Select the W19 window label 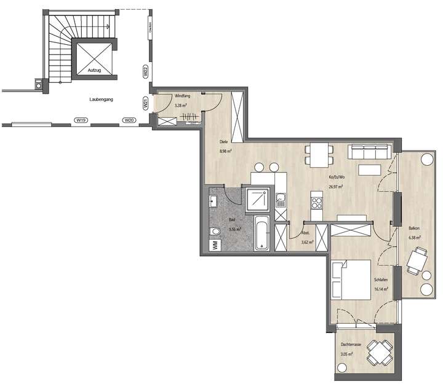[x=79, y=120]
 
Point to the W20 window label [x=128, y=120]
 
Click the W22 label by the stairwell [x=145, y=71]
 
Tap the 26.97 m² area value [x=336, y=187]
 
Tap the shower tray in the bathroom [x=257, y=198]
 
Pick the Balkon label [x=414, y=229]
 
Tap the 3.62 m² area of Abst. [x=307, y=243]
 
